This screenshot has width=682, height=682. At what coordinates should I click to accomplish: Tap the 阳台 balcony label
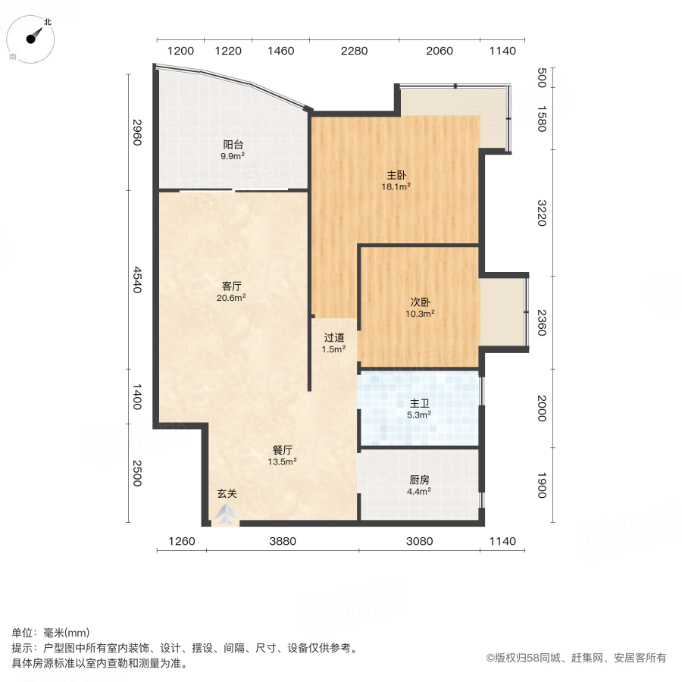tap(233, 144)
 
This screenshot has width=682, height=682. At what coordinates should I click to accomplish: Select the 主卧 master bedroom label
tap(398, 174)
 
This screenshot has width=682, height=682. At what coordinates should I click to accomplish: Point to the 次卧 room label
tap(422, 301)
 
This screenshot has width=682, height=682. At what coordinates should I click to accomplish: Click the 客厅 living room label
tap(232, 286)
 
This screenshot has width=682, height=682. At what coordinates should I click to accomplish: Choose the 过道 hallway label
tap(334, 338)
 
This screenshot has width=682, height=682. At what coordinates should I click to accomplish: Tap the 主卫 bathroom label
tap(419, 403)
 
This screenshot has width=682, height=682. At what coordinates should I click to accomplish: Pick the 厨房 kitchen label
tap(419, 480)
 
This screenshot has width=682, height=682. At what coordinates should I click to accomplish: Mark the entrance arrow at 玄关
tap(225, 515)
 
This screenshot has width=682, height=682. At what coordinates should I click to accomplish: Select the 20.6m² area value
tap(232, 298)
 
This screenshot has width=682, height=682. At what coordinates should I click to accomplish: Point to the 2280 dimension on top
tap(354, 52)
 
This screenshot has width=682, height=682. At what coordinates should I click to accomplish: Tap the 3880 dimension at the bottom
tap(283, 541)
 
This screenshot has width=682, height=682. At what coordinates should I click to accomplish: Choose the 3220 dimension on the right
tap(541, 213)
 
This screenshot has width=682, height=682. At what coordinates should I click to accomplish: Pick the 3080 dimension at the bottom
tap(419, 541)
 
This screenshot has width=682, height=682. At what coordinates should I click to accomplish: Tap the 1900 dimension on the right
tap(541, 485)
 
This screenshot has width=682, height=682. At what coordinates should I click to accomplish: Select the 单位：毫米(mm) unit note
tap(51, 634)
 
